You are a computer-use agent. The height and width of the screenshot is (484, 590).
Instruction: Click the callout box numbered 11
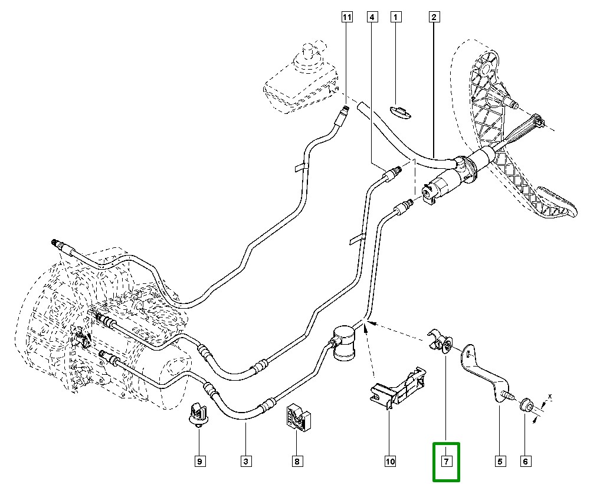346,17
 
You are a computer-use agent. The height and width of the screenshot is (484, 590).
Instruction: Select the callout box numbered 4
372,17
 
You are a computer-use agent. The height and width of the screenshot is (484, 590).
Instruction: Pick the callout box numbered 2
433,17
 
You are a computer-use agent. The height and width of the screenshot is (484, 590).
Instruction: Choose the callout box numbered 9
199,461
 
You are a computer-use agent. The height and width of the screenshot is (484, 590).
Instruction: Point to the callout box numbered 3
245,461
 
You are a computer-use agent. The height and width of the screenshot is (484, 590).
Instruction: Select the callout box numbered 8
297,461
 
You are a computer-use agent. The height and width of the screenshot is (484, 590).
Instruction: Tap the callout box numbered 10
389,461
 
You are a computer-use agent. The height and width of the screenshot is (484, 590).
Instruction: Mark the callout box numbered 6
525,461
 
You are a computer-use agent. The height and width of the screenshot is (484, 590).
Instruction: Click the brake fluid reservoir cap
307,51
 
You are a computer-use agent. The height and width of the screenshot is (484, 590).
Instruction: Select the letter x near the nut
549,396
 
